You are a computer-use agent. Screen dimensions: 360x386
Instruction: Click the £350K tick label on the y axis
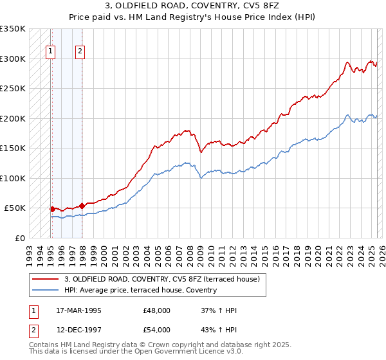coord(13,29)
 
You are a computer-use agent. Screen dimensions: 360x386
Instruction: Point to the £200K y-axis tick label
coord(13,118)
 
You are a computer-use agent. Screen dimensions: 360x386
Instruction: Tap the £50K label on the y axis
coord(15,208)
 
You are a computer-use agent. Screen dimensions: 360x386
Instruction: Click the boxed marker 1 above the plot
coord(51,53)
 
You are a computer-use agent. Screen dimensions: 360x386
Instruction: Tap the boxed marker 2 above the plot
coord(80,53)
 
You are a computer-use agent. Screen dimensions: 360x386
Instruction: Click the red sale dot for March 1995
coord(52,209)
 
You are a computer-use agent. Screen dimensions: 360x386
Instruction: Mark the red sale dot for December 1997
coord(82,206)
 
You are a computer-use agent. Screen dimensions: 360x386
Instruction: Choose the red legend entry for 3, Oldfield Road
coord(161,279)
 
